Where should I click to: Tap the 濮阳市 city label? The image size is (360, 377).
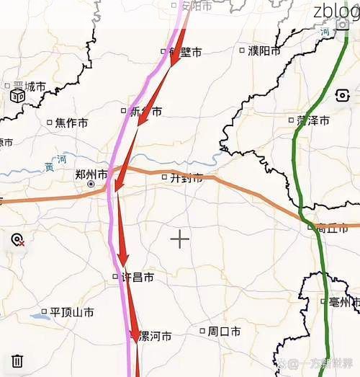coord(264,50)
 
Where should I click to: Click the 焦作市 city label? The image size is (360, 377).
coord(71,123)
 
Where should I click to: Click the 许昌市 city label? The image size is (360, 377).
coord(138,277)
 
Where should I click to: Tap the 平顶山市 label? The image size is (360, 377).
coord(72,313)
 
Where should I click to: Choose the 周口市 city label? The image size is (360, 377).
coord(224,332)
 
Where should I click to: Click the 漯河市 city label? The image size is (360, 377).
coord(155,336)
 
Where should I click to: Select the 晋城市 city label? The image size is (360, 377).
coord(29,87)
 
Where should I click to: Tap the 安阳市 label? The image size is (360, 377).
coord(196,6)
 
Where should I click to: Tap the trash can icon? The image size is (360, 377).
coord(18,360)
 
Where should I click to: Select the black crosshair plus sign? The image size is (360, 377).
coord(179,239)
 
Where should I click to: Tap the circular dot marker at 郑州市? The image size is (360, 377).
coord(91,185)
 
